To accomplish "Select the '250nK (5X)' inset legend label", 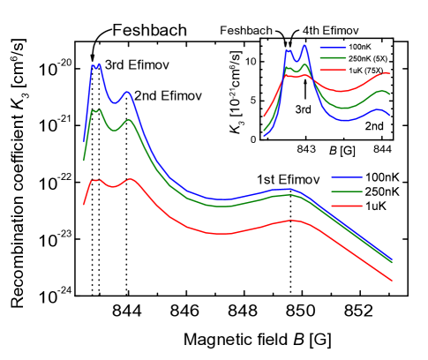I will pyautogui.click(x=370, y=58).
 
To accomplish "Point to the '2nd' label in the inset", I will pyautogui.click(x=375, y=127).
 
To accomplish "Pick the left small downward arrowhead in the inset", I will pyautogui.click(x=286, y=44).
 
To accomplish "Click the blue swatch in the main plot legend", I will pyautogui.click(x=348, y=177).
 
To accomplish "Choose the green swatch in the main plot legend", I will pyautogui.click(x=348, y=191).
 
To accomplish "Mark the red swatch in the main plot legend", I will pyautogui.click(x=348, y=205).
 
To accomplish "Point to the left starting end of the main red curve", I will pyautogui.click(x=84, y=204).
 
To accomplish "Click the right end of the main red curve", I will pyautogui.click(x=392, y=281).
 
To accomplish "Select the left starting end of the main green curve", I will pyautogui.click(x=84, y=160).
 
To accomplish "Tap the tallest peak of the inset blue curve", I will pyautogui.click(x=304, y=45).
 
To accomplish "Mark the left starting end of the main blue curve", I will pyautogui.click(x=84, y=140).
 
